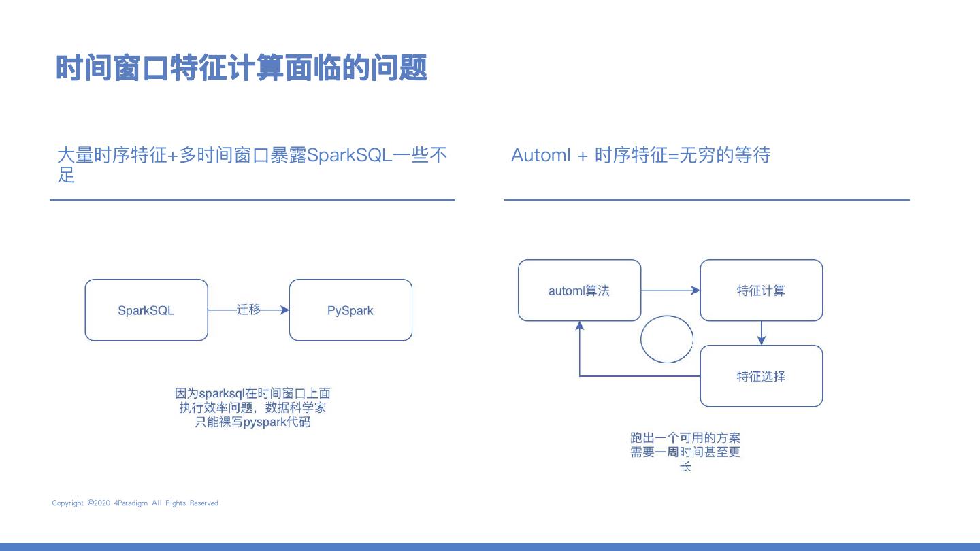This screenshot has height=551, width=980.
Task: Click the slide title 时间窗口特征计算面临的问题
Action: [x=241, y=68]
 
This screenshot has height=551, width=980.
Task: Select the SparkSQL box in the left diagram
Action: [x=146, y=310]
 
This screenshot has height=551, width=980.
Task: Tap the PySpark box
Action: [x=350, y=310]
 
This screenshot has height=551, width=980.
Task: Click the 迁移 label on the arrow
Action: [x=248, y=310]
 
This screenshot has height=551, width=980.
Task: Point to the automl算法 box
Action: [x=579, y=290]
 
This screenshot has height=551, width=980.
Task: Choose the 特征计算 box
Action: [x=761, y=290]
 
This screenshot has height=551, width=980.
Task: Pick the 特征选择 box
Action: [x=761, y=376]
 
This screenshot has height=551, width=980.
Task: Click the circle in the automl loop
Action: [x=667, y=339]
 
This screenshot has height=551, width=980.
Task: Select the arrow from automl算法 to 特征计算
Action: [x=670, y=290]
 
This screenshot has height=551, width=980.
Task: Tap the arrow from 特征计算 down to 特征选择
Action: [x=762, y=333]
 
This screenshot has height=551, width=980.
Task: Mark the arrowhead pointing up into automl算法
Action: [x=580, y=327]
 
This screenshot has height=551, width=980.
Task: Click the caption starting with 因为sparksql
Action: [x=252, y=407]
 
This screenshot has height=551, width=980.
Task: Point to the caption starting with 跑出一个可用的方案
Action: [x=685, y=452]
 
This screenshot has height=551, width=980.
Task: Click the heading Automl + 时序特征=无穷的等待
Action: [x=640, y=155]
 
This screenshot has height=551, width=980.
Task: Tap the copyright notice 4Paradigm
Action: [x=137, y=503]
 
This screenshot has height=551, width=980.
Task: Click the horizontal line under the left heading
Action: [x=252, y=200]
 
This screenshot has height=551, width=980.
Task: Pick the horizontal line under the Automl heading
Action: [x=706, y=200]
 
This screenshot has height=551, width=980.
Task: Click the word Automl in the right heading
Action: [x=540, y=155]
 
